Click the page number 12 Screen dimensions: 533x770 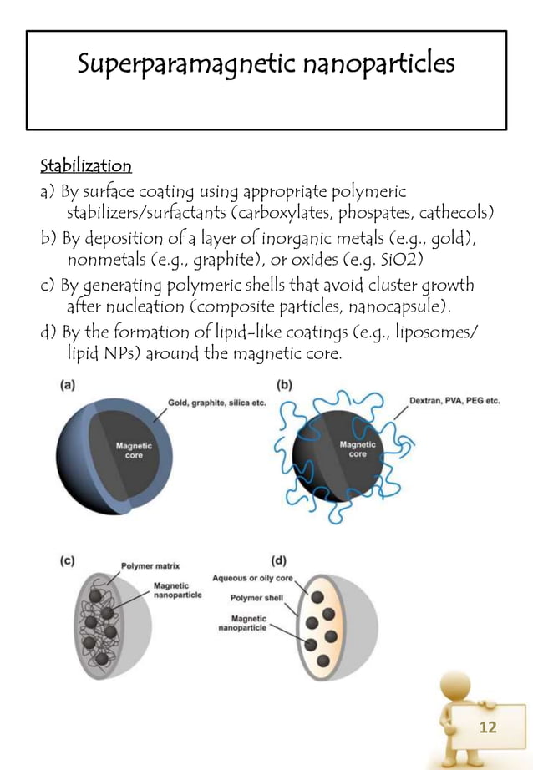click(487, 727)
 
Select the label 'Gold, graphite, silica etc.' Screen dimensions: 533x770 click(217, 403)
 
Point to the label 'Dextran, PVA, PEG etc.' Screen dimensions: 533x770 click(454, 401)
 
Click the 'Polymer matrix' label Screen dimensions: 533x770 click(151, 565)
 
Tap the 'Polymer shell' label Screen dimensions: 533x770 click(258, 598)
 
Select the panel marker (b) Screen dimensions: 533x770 click(283, 385)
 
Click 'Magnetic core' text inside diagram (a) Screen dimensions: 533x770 click(129, 451)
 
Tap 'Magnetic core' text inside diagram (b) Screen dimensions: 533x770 click(357, 449)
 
